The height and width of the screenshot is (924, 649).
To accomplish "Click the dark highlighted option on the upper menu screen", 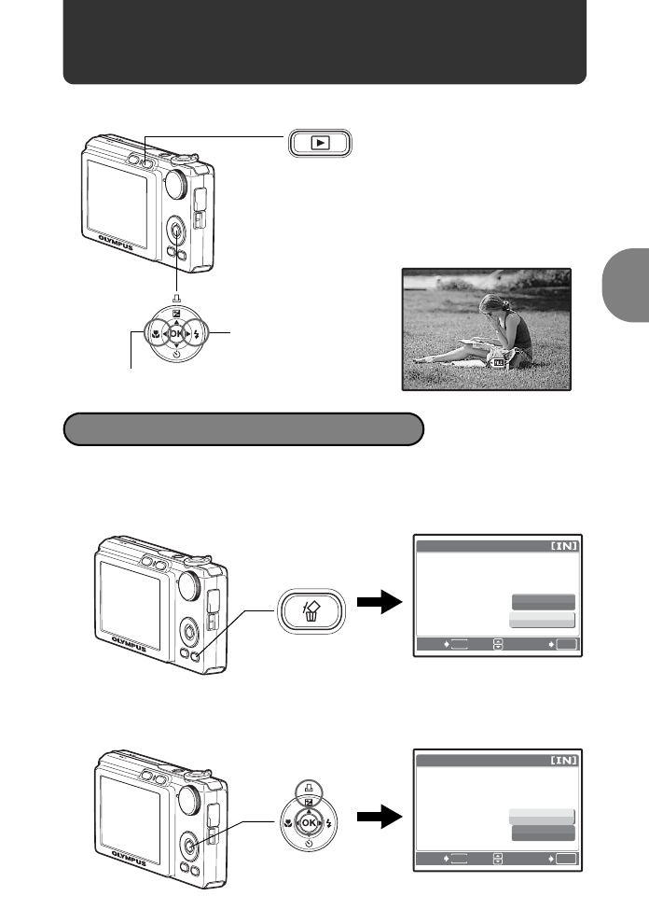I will (543, 602).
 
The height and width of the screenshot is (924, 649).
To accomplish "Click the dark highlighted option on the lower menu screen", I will (543, 832).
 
